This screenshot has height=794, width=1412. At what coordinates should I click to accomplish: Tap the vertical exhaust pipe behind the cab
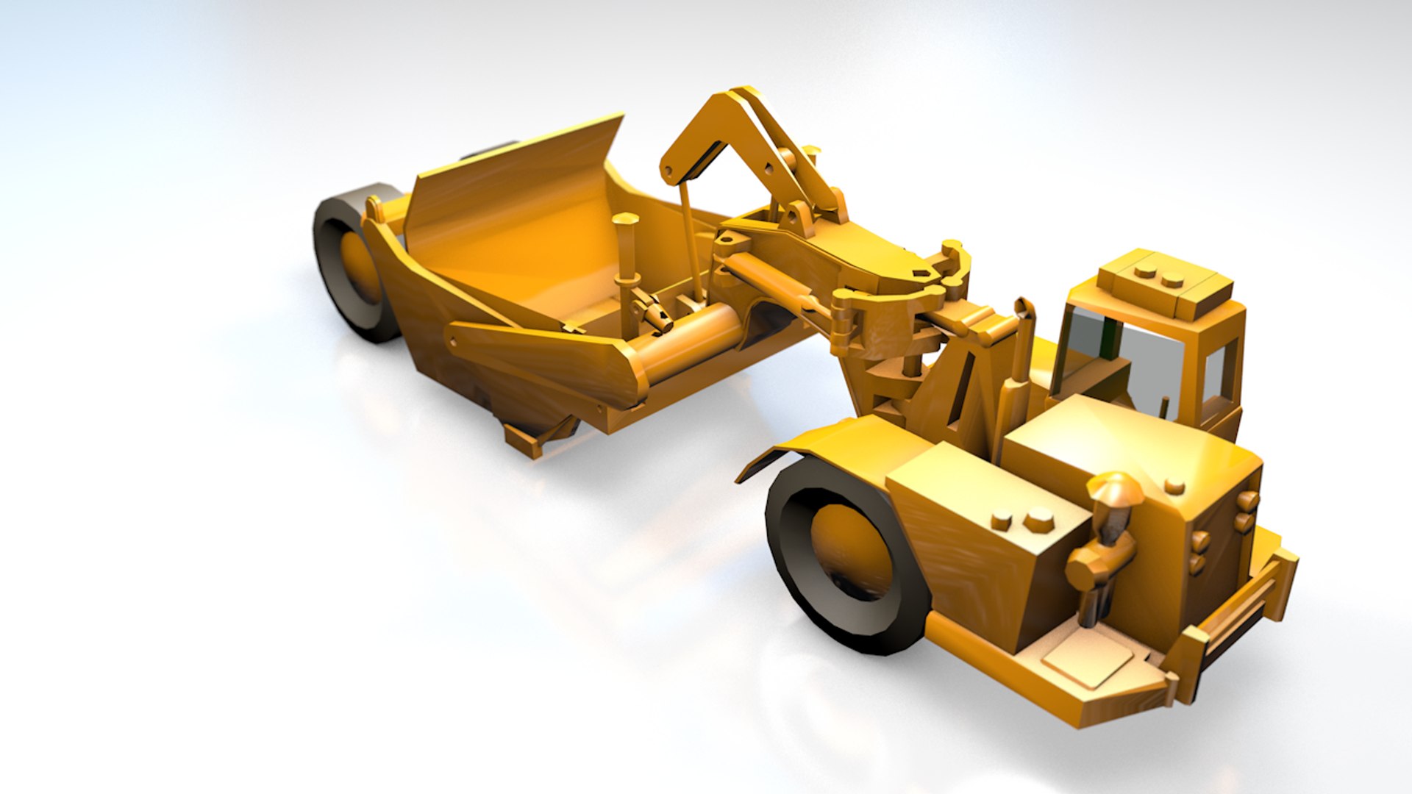(x=1022, y=346)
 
